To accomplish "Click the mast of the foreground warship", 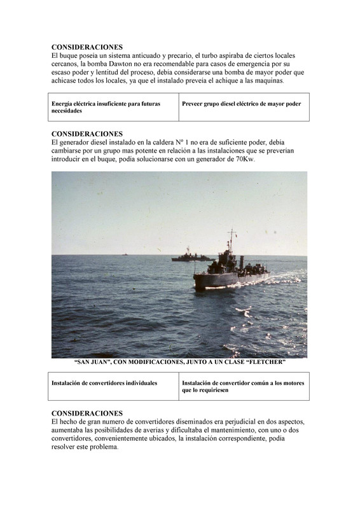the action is tap(231, 241).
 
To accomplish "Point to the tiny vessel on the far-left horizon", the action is tap(125, 254).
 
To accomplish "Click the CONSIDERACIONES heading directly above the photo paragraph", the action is tap(87, 134).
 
